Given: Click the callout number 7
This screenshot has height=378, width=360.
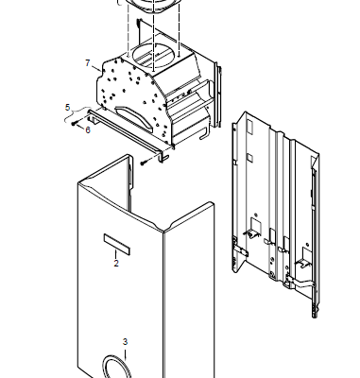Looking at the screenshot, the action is coord(88,63).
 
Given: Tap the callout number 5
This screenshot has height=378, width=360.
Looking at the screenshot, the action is coord(67,108).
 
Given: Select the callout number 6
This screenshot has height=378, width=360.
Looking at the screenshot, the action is coord(88,129).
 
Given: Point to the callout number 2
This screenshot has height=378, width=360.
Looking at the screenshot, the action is coord(116,263).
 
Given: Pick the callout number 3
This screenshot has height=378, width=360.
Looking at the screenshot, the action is coord(125,342).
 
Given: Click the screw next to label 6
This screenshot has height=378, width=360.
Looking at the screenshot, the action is coord(74,124).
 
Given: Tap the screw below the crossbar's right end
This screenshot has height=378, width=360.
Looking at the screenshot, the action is coord(144,163).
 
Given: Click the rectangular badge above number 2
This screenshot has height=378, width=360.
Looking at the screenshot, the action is coord(117,245).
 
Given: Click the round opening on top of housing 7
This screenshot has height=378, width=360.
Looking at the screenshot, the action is coord(151,55).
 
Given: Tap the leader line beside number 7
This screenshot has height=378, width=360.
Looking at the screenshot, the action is coord(96,68).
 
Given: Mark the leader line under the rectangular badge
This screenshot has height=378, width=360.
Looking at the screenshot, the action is coord(116,254).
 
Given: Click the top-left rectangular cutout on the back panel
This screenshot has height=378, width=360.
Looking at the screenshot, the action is coord(250,126).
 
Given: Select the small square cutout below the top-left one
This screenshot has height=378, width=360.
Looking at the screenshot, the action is coord(249,157).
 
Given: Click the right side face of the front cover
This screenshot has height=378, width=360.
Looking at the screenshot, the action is coord(189,291).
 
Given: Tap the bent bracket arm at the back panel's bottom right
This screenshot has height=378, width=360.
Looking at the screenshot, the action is coord(300,283).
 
